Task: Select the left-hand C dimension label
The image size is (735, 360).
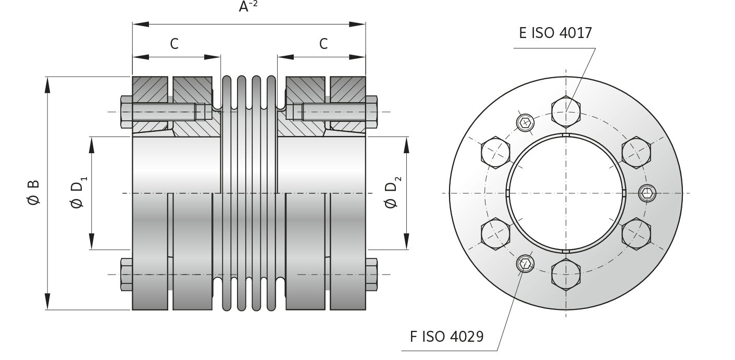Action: pyautogui.click(x=174, y=44)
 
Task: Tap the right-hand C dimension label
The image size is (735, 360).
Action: pyautogui.click(x=323, y=44)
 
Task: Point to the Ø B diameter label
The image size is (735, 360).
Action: pyautogui.click(x=33, y=193)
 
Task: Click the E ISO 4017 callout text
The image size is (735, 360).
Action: pyautogui.click(x=555, y=33)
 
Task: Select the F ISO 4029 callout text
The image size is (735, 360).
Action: pyautogui.click(x=446, y=337)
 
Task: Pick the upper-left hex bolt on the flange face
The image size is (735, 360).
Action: pyautogui.click(x=495, y=152)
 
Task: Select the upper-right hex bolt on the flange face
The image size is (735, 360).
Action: pyautogui.click(x=636, y=152)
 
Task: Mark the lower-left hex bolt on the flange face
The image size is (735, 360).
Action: pyautogui.click(x=495, y=233)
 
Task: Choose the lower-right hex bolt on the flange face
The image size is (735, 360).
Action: pyautogui.click(x=636, y=233)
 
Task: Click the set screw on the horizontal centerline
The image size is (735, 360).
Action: pyautogui.click(x=647, y=193)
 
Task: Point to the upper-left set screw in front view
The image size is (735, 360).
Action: pyautogui.click(x=525, y=123)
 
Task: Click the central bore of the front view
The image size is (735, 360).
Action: pyautogui.click(x=566, y=193)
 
